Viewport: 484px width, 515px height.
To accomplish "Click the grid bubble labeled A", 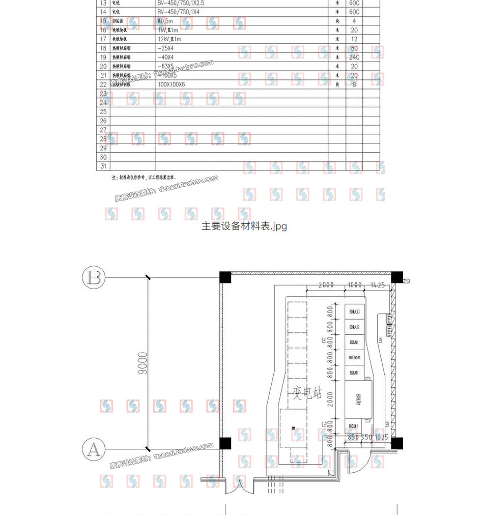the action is [94, 450].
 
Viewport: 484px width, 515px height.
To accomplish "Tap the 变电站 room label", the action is [307, 392].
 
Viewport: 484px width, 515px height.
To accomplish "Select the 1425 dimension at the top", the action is [378, 285].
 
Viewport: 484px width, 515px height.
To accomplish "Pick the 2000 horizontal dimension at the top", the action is [326, 285].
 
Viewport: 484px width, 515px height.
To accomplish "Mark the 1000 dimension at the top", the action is [354, 285].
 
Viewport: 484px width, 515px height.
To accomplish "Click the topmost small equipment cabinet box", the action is [354, 311].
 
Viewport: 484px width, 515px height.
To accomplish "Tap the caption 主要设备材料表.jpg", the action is [244, 226].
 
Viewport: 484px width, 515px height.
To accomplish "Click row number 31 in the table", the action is [104, 166].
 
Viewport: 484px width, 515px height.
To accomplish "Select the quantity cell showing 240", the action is [354, 57].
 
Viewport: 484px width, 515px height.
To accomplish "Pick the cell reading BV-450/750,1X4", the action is [180, 11].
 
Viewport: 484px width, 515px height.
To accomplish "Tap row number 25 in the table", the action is [104, 111].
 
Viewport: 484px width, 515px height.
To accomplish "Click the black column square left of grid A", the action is [225, 443].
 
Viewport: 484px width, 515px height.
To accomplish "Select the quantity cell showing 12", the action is [354, 39].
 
